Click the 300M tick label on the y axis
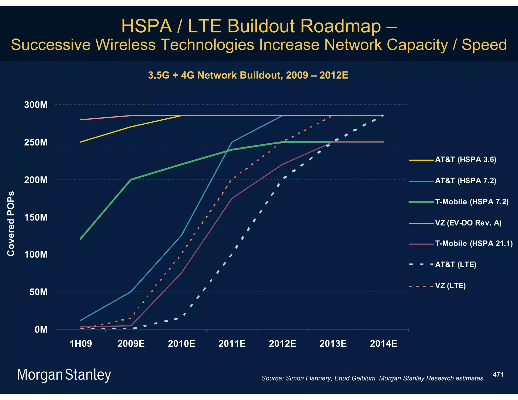pos(36,105)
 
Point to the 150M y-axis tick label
pos(36,217)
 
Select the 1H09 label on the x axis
pos(80,344)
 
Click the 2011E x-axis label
pos(232,344)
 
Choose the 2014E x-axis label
pos(383,344)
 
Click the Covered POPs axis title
pos(11,224)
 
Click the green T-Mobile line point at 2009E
pos(131,180)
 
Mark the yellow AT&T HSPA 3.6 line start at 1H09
pos(80,142)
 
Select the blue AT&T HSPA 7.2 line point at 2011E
pos(232,142)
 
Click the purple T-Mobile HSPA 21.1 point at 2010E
pos(181,273)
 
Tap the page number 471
pos(498,374)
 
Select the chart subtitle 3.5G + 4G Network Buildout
pos(248,75)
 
